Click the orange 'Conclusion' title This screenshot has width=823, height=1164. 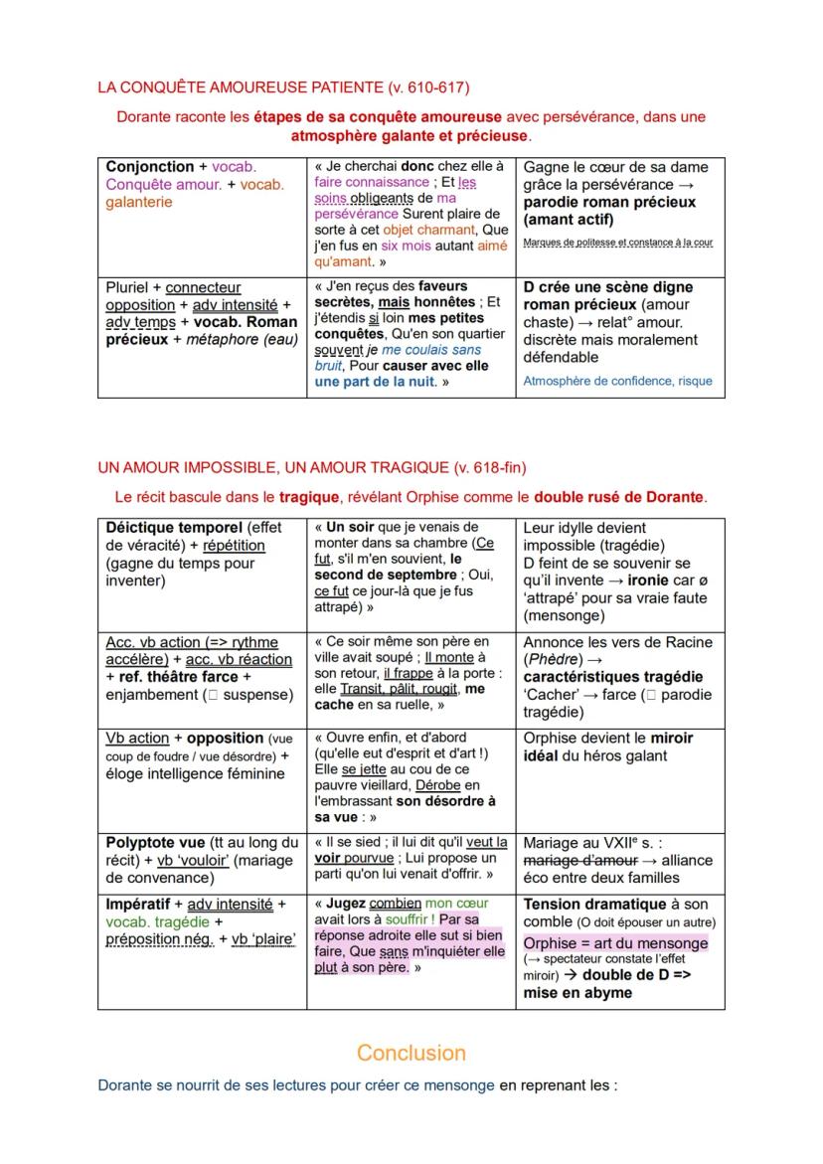point(411,1053)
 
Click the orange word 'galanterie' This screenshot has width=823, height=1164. point(138,202)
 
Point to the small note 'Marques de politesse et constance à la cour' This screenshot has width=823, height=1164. point(617,242)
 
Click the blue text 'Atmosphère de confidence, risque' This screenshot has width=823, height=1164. point(617,381)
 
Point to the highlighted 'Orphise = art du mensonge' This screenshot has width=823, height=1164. point(616,942)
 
